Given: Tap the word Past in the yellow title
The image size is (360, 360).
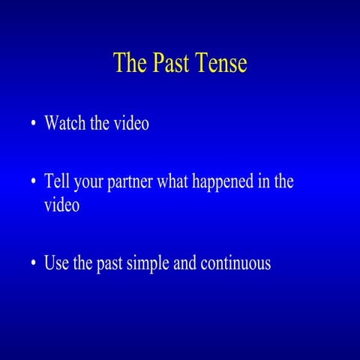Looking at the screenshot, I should click(166, 63).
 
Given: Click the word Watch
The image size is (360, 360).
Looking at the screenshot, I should click(65, 123).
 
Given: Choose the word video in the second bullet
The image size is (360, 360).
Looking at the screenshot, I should click(61, 205).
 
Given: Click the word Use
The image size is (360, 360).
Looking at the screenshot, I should click(57, 263).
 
